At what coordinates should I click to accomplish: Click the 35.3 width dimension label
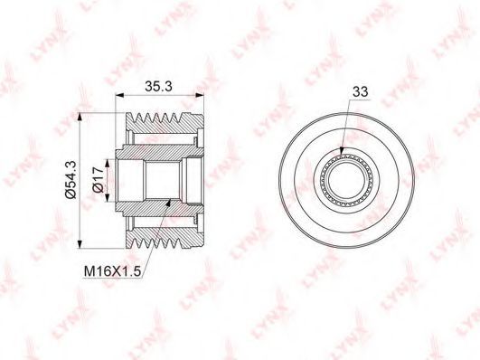tap(158, 86)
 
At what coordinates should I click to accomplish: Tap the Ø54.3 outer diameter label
tap(71, 180)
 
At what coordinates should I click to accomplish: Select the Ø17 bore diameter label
tap(99, 180)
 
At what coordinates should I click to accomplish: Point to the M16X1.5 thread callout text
tap(112, 271)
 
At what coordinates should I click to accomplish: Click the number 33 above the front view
tap(360, 91)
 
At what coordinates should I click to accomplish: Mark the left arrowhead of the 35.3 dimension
tap(119, 95)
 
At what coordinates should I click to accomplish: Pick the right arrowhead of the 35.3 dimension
tap(200, 95)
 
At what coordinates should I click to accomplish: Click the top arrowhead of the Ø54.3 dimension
tap(80, 117)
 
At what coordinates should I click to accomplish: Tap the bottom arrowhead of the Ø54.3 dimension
tap(80, 244)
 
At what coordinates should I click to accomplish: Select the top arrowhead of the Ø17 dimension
tap(107, 164)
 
